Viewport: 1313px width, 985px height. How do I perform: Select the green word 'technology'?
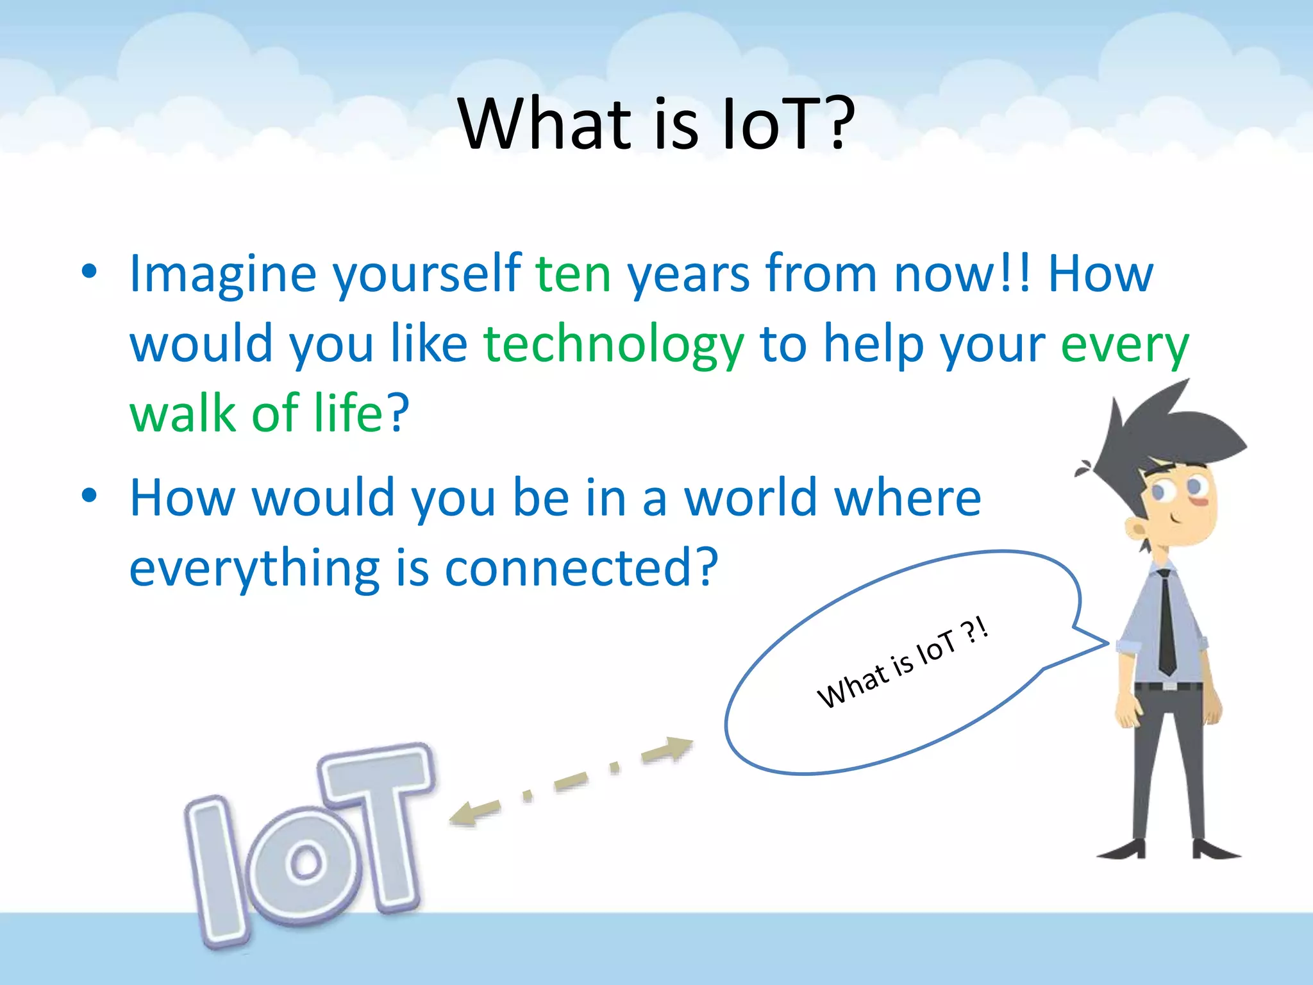pyautogui.click(x=614, y=345)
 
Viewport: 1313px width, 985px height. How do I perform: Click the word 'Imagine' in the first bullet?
pyautogui.click(x=223, y=274)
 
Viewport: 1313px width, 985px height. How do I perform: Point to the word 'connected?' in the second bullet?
pyautogui.click(x=581, y=568)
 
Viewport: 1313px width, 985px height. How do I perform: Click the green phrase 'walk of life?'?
pyautogui.click(x=269, y=414)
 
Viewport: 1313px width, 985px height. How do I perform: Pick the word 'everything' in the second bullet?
pyautogui.click(x=255, y=568)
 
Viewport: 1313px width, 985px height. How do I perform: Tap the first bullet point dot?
pyautogui.click(x=89, y=272)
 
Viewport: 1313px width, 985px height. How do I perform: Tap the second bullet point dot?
pyautogui.click(x=89, y=496)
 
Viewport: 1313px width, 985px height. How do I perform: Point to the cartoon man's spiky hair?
pyautogui.click(x=1154, y=436)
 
